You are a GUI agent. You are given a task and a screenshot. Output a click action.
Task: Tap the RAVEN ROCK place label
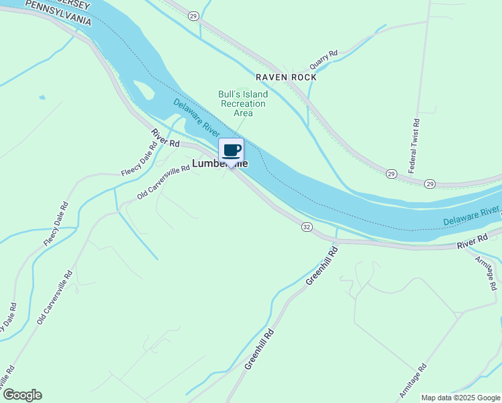[285, 77]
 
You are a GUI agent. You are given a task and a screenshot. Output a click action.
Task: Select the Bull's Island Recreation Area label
[242, 103]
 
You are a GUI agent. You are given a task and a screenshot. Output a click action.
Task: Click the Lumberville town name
[219, 163]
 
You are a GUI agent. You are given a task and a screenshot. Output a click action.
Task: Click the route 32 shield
[307, 228]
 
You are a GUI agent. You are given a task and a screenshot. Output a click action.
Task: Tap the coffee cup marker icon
[231, 150]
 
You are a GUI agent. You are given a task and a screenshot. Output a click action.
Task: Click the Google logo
[22, 395]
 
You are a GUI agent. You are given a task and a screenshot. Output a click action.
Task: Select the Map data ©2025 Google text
[460, 398]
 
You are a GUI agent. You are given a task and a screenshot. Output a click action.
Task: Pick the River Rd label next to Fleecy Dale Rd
[165, 138]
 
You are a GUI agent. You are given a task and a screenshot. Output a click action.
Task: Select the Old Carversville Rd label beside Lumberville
[163, 183]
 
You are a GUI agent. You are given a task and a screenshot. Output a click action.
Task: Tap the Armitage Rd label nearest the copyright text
[413, 382]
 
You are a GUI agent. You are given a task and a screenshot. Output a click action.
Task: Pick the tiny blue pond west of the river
[42, 98]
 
